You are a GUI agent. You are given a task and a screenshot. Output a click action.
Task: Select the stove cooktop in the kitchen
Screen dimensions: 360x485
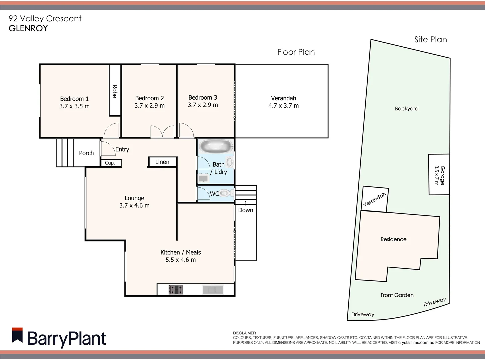(176, 290)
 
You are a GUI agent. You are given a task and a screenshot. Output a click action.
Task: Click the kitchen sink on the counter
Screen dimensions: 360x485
(213, 290)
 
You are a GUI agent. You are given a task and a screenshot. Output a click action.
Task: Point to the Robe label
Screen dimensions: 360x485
(115, 91)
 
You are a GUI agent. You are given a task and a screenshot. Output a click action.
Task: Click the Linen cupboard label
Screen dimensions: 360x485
(162, 162)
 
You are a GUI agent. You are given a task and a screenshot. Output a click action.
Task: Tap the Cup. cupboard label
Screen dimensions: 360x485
(110, 163)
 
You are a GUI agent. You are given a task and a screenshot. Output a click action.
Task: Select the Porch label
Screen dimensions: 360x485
(86, 153)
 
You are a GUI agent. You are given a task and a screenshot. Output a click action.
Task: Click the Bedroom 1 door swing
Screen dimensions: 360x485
(111, 130)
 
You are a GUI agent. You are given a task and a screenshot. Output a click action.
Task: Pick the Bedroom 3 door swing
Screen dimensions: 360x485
(186, 130)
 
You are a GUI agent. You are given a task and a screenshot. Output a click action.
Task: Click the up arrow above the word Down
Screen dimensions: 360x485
(246, 203)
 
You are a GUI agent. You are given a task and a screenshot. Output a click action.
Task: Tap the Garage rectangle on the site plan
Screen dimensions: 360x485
(439, 175)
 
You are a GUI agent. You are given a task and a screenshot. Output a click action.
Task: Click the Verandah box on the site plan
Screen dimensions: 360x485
(375, 199)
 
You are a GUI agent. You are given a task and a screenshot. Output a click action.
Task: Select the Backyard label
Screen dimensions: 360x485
(407, 109)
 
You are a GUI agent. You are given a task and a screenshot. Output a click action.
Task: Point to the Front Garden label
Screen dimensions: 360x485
(397, 295)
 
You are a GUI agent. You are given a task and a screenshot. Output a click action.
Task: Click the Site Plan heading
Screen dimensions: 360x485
(430, 40)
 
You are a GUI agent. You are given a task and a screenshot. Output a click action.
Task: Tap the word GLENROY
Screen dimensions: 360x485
(28, 28)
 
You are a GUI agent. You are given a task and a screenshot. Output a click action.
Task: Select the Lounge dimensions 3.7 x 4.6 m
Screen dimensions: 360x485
(134, 206)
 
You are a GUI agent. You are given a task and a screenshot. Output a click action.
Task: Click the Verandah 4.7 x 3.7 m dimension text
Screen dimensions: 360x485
(284, 106)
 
